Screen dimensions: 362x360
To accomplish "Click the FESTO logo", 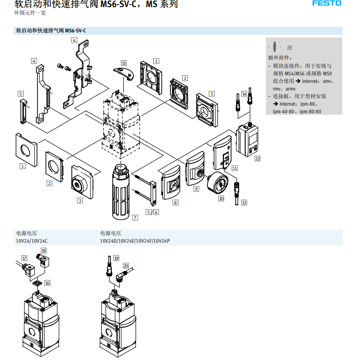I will pos(327,4).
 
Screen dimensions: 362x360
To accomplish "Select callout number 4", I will pos(74,40).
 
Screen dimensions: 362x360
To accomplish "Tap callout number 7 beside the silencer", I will pos(135,217).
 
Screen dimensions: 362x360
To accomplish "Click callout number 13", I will pos(257,159).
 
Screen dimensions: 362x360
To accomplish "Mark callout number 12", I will pos(244,202).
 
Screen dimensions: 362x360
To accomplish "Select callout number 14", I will pos(244,94).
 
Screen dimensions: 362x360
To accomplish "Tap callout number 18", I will pos(43,251).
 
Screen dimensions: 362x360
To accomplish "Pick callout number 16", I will pos(48,283).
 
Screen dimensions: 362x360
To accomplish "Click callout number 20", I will pos(126,265).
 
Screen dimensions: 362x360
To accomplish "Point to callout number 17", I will pos(23,258).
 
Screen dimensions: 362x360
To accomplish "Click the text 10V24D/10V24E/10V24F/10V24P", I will pos(134,241).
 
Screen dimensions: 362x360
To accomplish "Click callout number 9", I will pos(197,189).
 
